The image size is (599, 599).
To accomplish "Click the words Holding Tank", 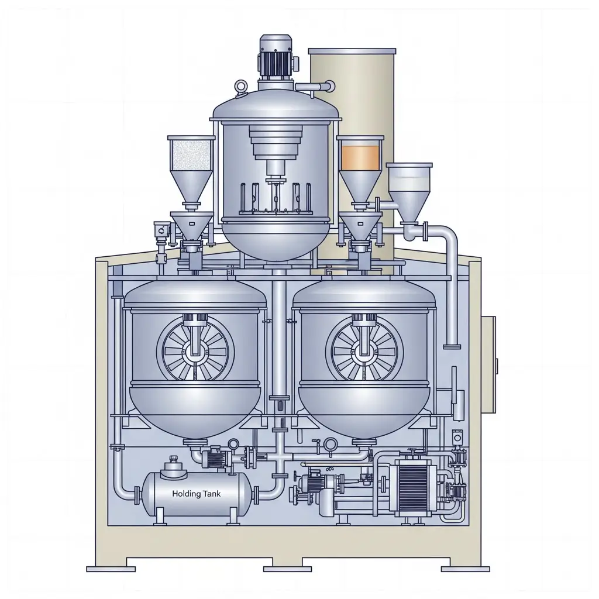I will pyautogui.click(x=197, y=494).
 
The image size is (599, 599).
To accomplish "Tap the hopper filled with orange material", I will pyautogui.click(x=360, y=157).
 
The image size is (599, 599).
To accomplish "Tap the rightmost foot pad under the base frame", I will pyautogui.click(x=465, y=568).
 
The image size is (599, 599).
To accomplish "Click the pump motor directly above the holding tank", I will pyautogui.click(x=215, y=459).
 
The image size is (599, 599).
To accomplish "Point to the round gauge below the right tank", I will pyautogui.click(x=331, y=444).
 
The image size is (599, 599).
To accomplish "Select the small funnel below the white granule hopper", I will pyautogui.click(x=191, y=225).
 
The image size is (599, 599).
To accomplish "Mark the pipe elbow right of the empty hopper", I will pyautogui.click(x=447, y=234).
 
